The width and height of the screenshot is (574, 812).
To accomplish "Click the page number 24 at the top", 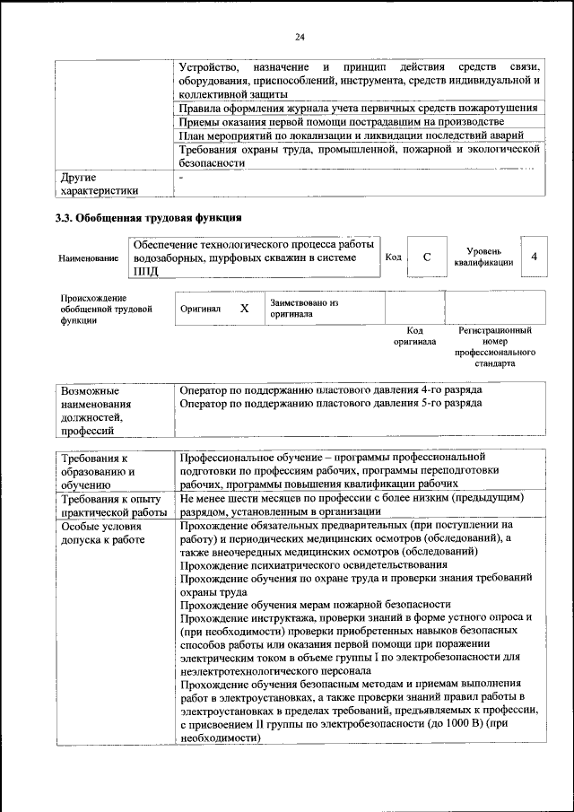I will coord(300,37).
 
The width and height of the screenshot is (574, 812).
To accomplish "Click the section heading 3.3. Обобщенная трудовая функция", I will coord(149,218).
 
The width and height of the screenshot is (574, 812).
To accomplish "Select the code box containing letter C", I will coord(427,258).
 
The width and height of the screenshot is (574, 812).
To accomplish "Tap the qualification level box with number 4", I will coord(535,258).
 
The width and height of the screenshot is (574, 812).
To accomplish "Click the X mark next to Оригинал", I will coord(244,308).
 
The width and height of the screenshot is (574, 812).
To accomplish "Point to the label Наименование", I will coord(88,258).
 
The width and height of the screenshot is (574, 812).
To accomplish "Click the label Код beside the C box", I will coord(393,258).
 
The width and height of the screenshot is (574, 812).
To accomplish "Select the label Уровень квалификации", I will coord(483,258).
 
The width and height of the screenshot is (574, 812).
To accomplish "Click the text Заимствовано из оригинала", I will coord(303,309).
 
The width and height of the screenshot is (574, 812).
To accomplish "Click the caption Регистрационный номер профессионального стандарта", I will coord(495,348).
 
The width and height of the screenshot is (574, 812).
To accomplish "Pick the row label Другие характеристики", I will coord(99,184).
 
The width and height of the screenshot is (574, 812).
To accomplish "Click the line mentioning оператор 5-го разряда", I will coord(330,404).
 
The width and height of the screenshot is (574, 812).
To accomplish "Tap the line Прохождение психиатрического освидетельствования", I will coord(313,565).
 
